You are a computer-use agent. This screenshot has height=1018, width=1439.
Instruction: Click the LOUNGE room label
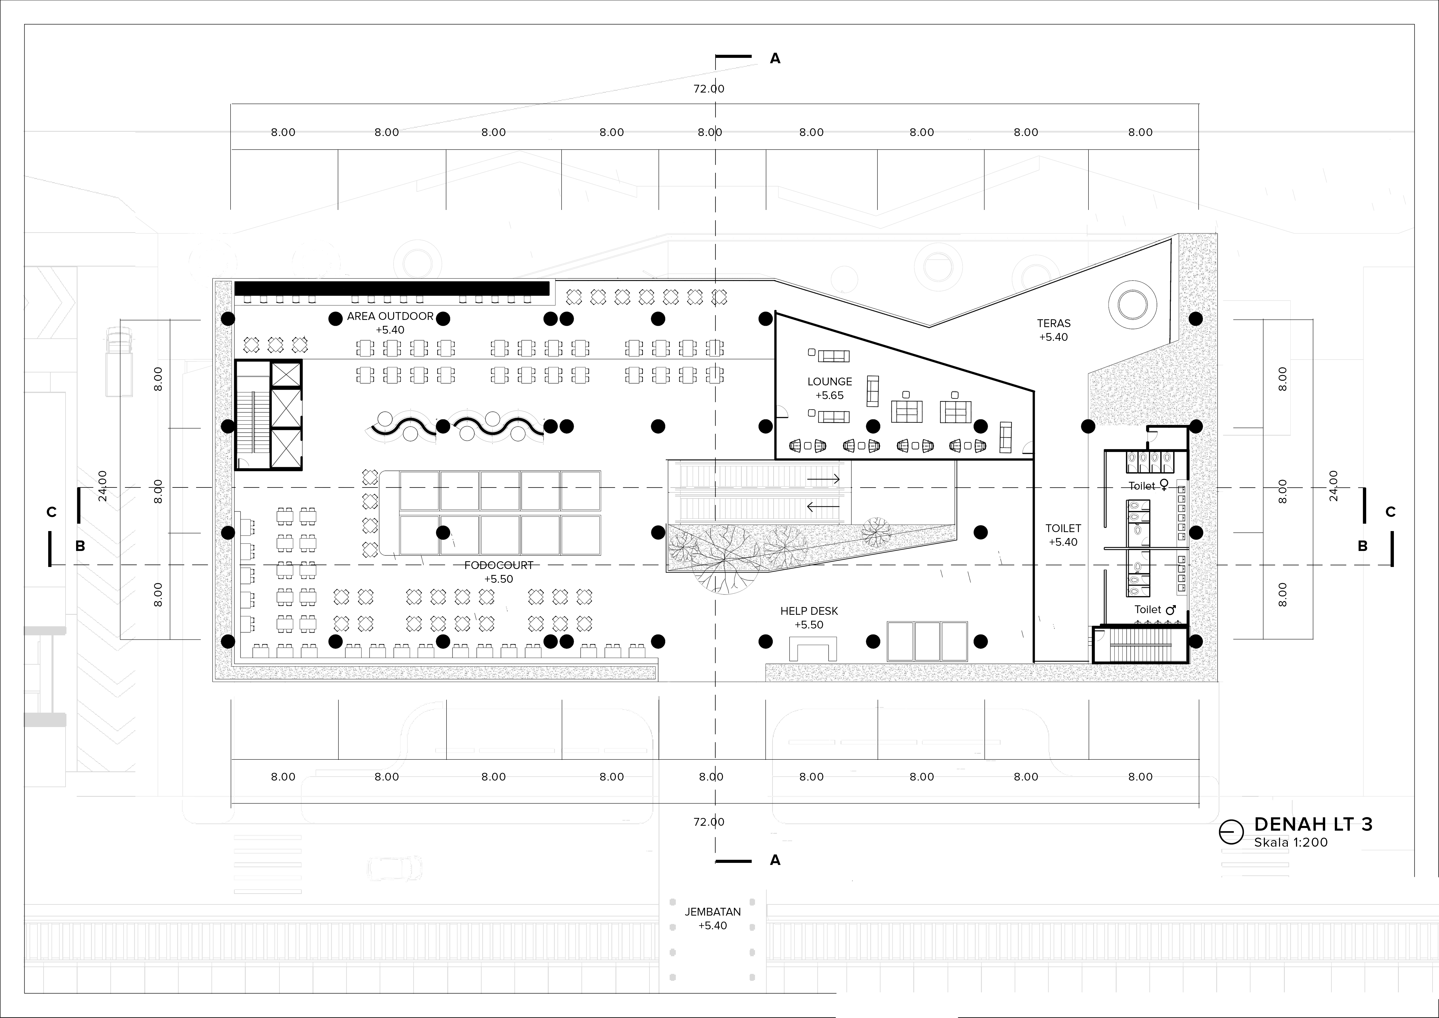click(829, 381)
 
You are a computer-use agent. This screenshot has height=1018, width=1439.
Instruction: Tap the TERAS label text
click(1054, 324)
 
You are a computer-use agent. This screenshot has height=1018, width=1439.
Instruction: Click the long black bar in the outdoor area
click(392, 288)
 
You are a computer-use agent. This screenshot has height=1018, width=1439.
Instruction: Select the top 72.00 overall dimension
click(709, 89)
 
